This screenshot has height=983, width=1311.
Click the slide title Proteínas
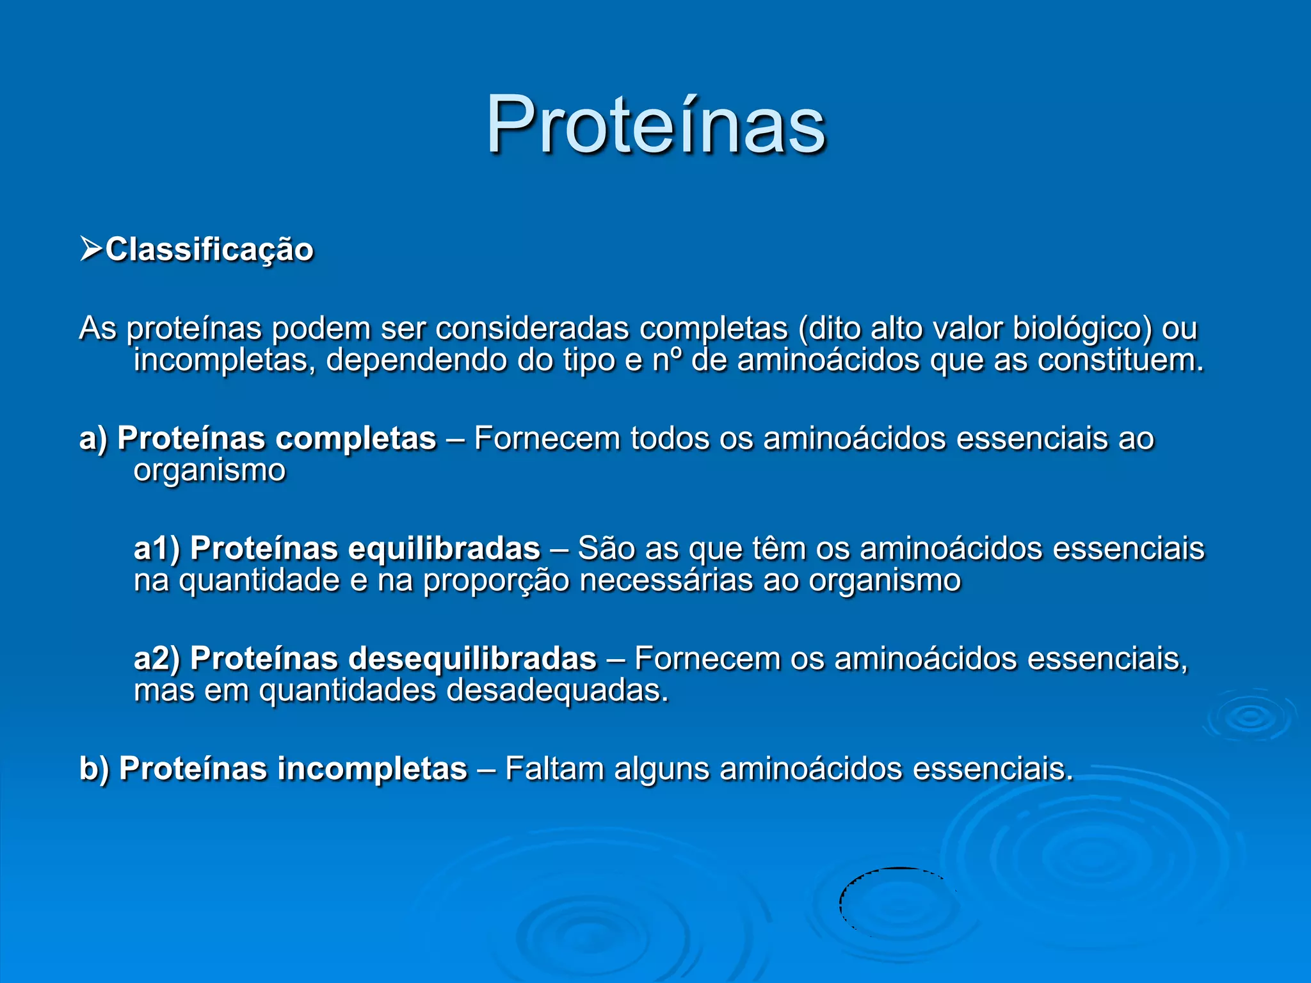point(655,125)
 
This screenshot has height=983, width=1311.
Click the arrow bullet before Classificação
point(91,249)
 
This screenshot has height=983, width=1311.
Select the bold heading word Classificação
point(209,250)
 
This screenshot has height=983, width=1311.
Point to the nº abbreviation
point(667,360)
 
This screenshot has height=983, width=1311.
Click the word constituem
point(1120,360)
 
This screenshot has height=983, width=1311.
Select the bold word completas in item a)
point(356,440)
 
